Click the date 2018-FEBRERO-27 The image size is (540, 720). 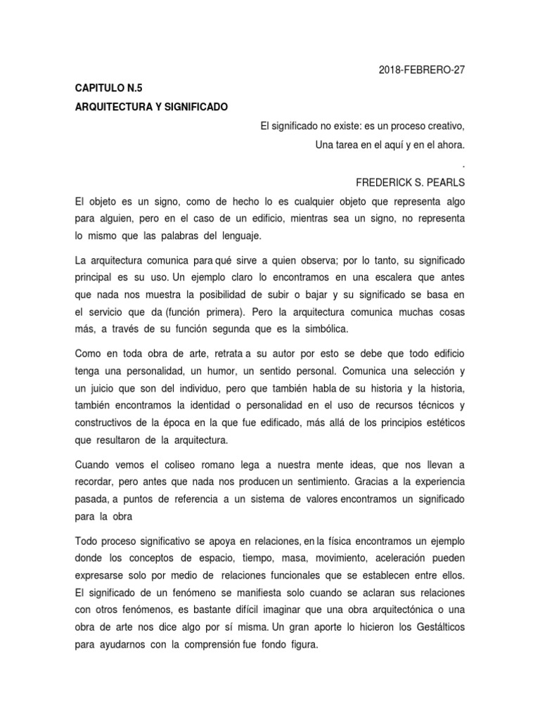click(x=421, y=70)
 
